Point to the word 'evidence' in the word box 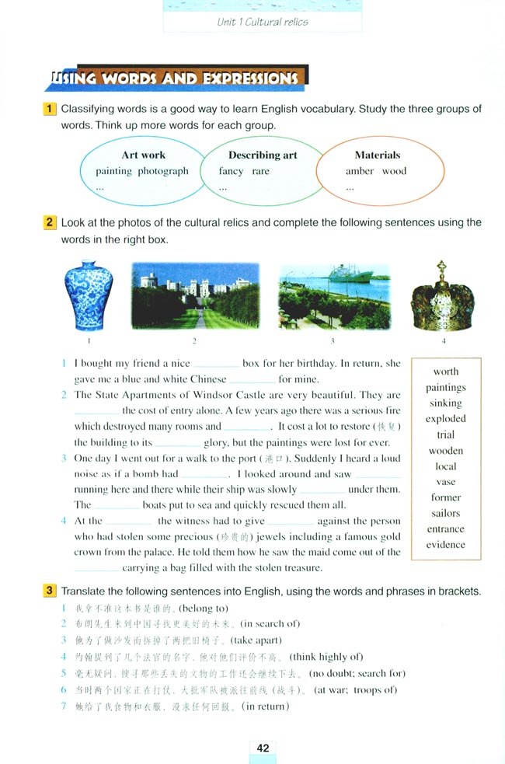click(446, 545)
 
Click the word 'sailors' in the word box click(446, 513)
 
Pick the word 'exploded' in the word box click(446, 419)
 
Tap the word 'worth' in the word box click(446, 372)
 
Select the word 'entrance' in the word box click(446, 529)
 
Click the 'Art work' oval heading click(144, 155)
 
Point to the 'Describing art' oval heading click(263, 155)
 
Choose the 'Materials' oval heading click(378, 155)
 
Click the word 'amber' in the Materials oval click(360, 171)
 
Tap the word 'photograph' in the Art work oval click(163, 171)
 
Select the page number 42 click(263, 748)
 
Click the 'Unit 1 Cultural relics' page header click(263, 22)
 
